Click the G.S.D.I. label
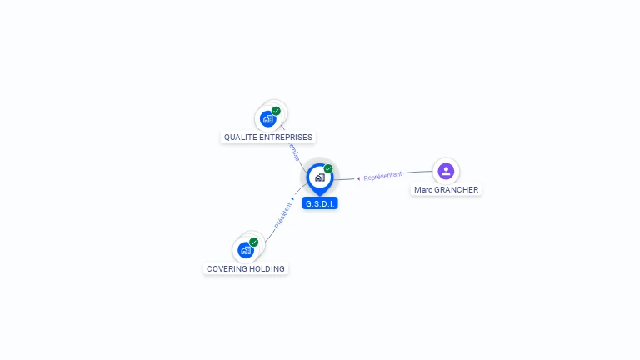(x=320, y=203)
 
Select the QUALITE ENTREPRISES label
(x=268, y=137)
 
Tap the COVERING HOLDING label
(x=246, y=269)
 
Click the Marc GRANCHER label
(x=447, y=190)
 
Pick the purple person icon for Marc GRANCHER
(x=446, y=171)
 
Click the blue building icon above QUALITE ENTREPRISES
(x=267, y=118)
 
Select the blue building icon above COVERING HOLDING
(x=245, y=250)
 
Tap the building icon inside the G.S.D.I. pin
(x=319, y=177)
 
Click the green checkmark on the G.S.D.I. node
(x=328, y=169)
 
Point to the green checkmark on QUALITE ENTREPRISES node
(x=276, y=111)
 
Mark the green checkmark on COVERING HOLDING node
(x=253, y=242)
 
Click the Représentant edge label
(x=383, y=175)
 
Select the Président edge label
(x=283, y=215)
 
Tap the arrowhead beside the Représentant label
(x=358, y=177)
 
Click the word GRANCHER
(x=457, y=190)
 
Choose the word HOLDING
(x=267, y=269)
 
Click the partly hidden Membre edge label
(x=292, y=152)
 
